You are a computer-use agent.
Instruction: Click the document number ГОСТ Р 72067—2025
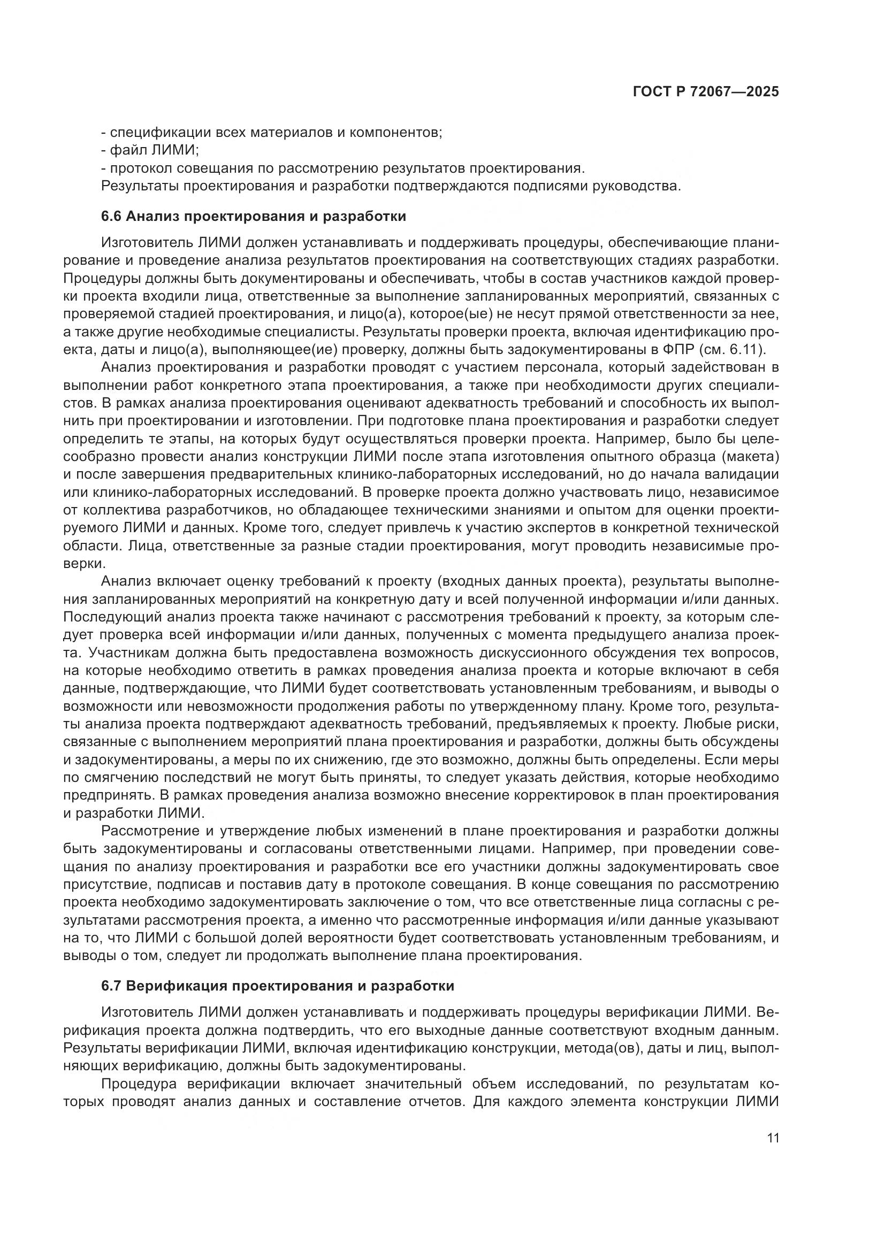706,92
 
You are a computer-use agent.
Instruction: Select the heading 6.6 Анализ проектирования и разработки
254,216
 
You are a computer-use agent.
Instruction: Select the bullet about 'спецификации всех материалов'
271,133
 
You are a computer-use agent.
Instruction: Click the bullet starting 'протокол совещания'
344,168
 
